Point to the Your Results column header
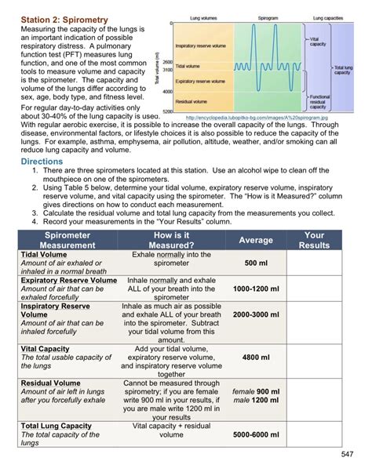[x=314, y=240]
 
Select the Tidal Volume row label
[x=44, y=255]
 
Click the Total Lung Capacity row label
[x=57, y=426]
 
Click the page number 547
[x=351, y=455]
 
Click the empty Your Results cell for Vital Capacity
[x=314, y=358]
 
